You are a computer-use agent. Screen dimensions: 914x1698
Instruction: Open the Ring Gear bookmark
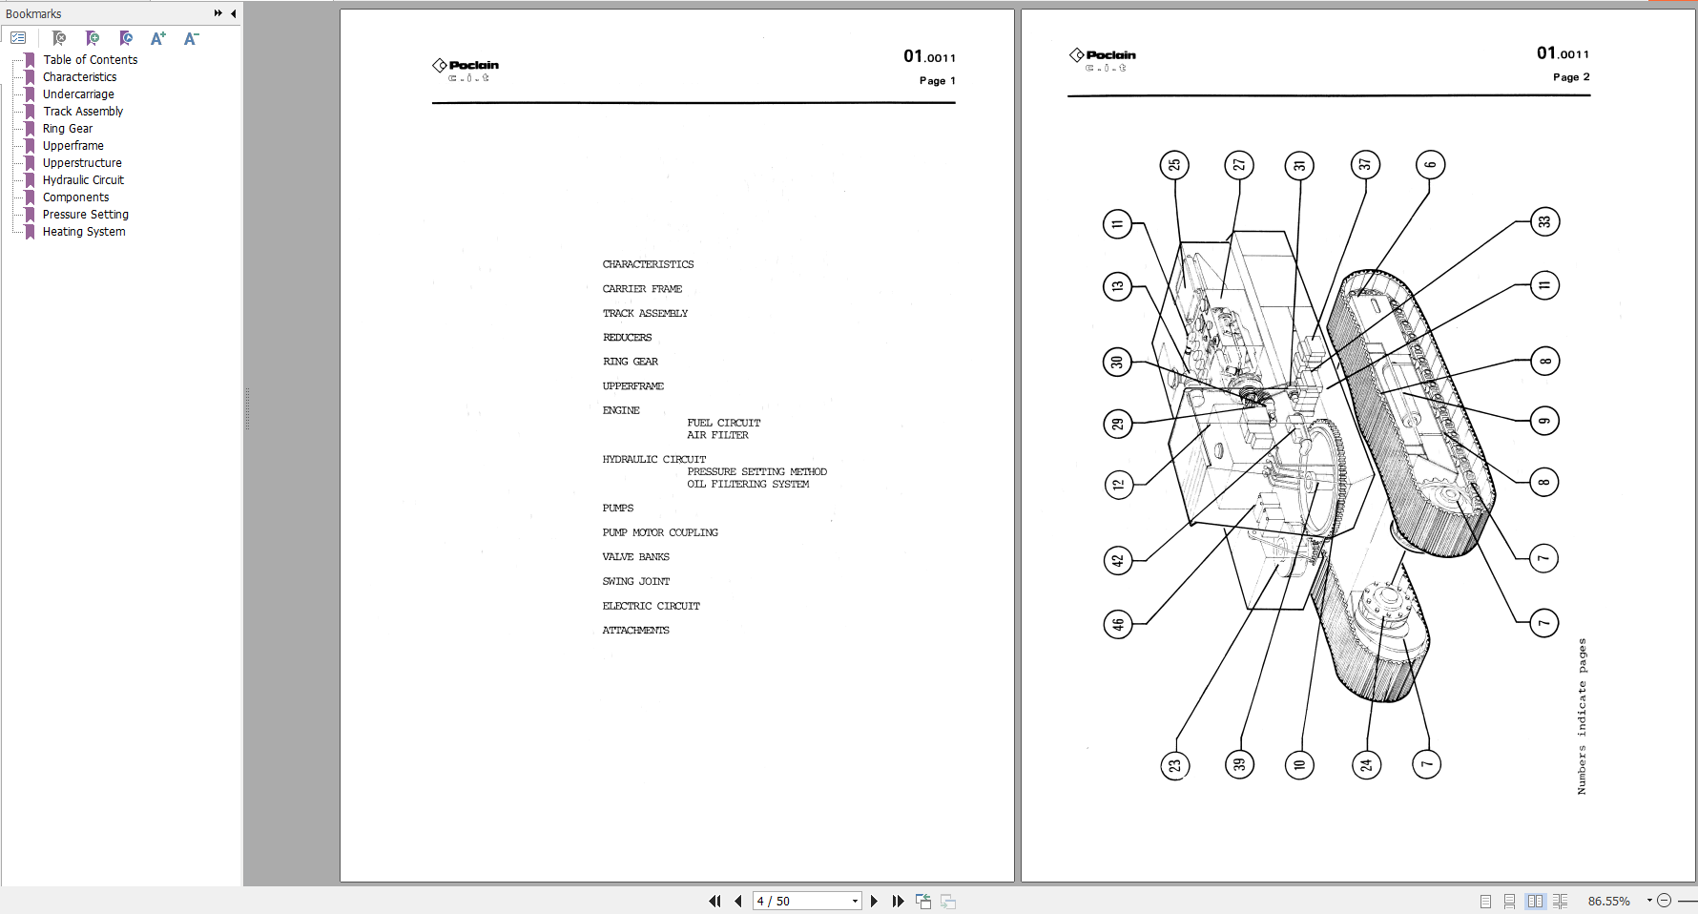pyautogui.click(x=68, y=129)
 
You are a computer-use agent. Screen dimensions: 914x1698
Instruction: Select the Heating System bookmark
pyautogui.click(x=84, y=232)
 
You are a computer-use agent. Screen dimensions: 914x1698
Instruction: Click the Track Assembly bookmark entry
pyautogui.click(x=83, y=112)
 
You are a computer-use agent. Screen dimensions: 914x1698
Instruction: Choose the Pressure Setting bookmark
pyautogui.click(x=85, y=215)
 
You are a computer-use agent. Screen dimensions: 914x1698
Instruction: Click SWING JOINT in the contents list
pyautogui.click(x=636, y=581)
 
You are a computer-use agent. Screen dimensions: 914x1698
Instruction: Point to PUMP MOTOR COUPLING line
pyautogui.click(x=660, y=532)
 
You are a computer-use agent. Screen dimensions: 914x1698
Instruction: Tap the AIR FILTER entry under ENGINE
pyautogui.click(x=717, y=435)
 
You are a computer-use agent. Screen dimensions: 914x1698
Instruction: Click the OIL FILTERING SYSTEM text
pyautogui.click(x=748, y=484)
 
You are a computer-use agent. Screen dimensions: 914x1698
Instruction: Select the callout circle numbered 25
pyautogui.click(x=1174, y=165)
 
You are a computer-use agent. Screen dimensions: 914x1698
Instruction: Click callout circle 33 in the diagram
pyautogui.click(x=1544, y=222)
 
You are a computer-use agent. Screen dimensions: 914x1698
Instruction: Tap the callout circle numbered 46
pyautogui.click(x=1117, y=625)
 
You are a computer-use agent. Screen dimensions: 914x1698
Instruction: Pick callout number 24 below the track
pyautogui.click(x=1366, y=764)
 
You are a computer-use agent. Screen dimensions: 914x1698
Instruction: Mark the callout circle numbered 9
pyautogui.click(x=1544, y=421)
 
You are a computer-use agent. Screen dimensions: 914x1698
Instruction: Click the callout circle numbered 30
pyautogui.click(x=1117, y=363)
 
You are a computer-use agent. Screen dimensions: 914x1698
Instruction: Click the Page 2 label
pyautogui.click(x=1570, y=77)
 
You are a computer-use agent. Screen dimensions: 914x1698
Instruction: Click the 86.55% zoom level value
pyautogui.click(x=1608, y=901)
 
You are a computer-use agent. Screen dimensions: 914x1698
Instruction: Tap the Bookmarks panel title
pyautogui.click(x=33, y=13)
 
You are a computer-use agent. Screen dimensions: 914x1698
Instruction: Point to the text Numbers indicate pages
pyautogui.click(x=1582, y=716)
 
